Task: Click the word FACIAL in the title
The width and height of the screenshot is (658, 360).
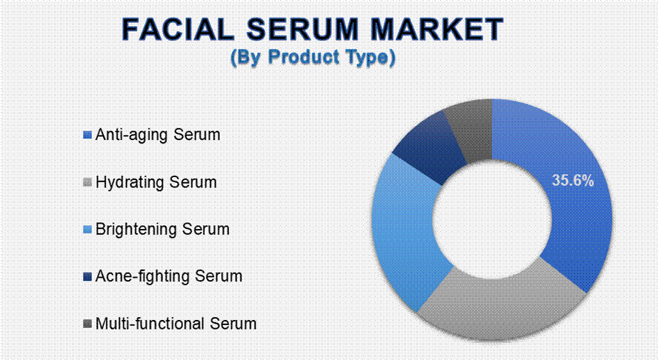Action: (x=178, y=30)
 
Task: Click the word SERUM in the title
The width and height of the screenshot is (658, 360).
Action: (x=302, y=30)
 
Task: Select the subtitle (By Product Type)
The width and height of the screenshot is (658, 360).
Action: (x=313, y=58)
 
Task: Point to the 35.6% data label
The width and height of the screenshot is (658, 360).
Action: (x=573, y=181)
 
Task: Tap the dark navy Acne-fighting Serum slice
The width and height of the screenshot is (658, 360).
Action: (x=432, y=147)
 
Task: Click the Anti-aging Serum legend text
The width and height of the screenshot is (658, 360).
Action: (x=158, y=135)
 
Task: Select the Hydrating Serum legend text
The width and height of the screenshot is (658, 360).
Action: (x=156, y=182)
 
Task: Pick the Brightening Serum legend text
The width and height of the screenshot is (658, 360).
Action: (x=162, y=229)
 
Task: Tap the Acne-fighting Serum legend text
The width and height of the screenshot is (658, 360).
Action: (x=169, y=276)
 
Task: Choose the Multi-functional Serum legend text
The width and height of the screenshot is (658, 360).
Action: (x=176, y=324)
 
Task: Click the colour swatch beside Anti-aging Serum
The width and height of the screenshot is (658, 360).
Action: (x=87, y=135)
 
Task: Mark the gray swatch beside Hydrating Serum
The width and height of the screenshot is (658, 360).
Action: (x=87, y=182)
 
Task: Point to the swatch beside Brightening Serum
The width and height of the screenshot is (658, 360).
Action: (x=87, y=230)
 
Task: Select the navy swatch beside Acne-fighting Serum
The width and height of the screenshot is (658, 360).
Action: (x=87, y=276)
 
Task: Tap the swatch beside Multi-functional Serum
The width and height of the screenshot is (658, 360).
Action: (x=87, y=324)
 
